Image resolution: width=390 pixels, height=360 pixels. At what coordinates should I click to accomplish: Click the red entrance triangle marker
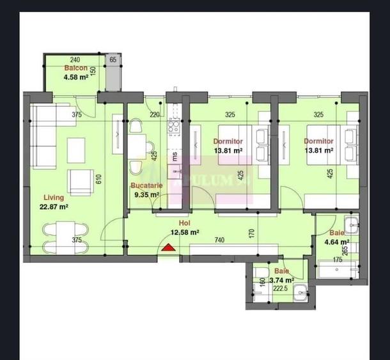pos(168,249)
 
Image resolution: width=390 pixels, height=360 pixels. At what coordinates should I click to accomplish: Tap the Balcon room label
pos(75,68)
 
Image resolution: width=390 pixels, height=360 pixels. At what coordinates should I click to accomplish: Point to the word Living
pos(54,198)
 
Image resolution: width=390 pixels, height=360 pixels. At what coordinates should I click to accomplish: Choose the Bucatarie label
pos(147,185)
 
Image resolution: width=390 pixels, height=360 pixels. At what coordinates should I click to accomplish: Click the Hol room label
pos(184,224)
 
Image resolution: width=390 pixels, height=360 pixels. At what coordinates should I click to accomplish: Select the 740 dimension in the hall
pos(220,240)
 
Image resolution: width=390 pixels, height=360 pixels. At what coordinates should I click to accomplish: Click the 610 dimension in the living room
pos(98,179)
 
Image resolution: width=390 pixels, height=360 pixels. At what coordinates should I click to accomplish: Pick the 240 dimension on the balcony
pos(75,59)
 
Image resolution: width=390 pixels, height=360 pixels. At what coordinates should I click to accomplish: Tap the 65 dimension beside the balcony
pos(113,59)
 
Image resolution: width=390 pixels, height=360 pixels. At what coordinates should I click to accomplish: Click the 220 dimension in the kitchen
pos(154,115)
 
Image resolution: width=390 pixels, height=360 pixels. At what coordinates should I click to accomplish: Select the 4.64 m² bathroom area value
pos(336,242)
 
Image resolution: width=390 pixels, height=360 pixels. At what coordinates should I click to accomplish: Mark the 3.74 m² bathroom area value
pos(281,280)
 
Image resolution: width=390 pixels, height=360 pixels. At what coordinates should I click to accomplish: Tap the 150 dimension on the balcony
pos(93,71)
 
